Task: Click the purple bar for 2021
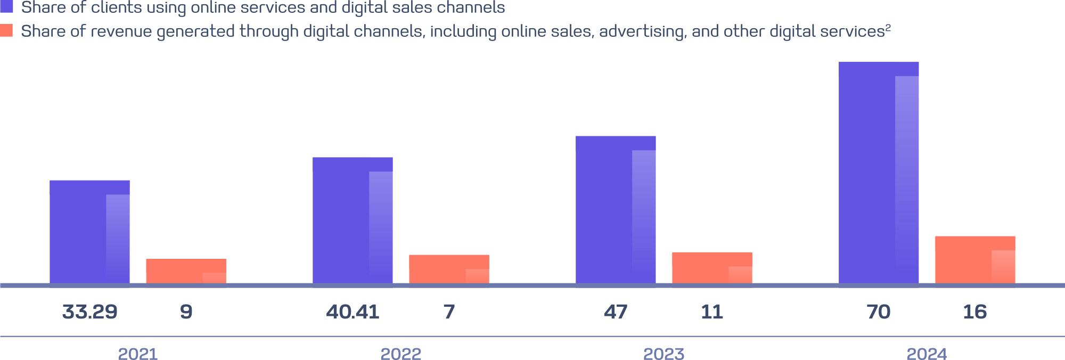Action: [x=89, y=232]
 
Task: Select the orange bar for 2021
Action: [x=186, y=271]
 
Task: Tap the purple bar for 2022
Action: [x=353, y=220]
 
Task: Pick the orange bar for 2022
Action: [x=449, y=269]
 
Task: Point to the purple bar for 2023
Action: [x=616, y=210]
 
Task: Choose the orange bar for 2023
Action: [x=712, y=268]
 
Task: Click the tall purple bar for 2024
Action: [x=879, y=173]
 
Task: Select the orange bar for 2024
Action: [x=975, y=260]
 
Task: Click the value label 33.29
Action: [x=89, y=312]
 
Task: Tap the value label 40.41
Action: [x=353, y=312]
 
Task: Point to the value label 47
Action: [x=616, y=312]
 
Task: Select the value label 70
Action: [x=879, y=312]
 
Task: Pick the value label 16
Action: [x=975, y=312]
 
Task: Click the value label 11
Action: [x=712, y=312]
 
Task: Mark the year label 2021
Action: [x=138, y=354]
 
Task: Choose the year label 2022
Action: [x=401, y=354]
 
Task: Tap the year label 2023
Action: [x=664, y=354]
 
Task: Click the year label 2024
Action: [x=927, y=354]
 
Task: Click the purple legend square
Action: [x=6, y=6]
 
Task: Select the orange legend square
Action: [x=6, y=30]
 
